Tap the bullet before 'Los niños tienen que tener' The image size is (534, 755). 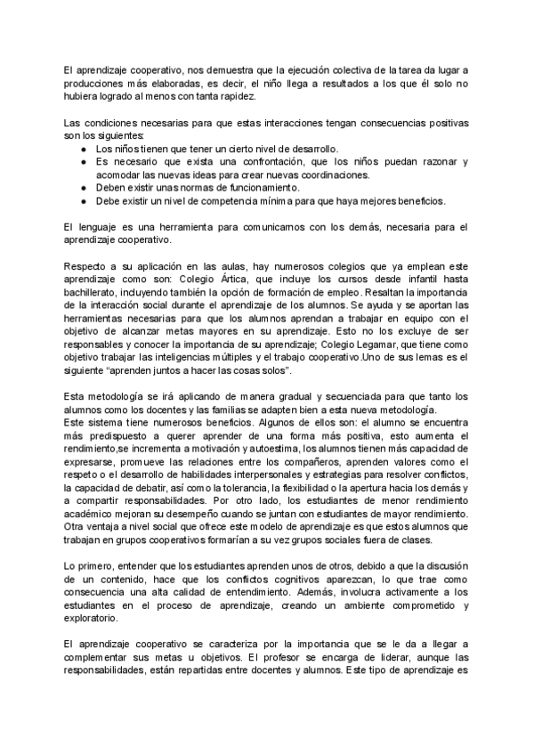point(83,149)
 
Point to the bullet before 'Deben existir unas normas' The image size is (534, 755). point(83,187)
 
